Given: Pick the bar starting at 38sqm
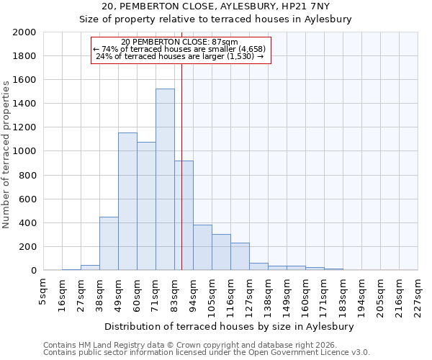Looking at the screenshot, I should (x=109, y=243).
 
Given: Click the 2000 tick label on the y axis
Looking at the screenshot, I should (x=25, y=32).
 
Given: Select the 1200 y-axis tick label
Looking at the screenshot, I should (x=25, y=127).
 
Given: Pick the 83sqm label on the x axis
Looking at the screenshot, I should (x=174, y=292).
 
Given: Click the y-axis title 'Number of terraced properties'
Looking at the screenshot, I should (x=6, y=154).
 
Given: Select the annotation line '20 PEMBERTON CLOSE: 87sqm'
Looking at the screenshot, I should (x=180, y=42).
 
